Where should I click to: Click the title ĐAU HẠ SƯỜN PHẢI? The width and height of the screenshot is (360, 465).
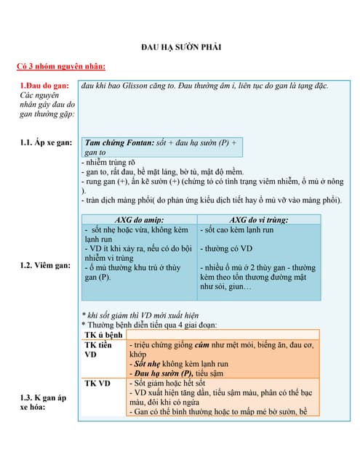(180, 47)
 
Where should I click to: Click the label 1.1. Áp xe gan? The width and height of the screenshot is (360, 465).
(46, 142)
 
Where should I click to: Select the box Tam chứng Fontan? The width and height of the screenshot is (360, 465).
(160, 147)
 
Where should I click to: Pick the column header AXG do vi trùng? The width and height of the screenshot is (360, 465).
(259, 219)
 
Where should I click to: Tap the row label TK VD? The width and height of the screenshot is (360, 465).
(97, 383)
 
